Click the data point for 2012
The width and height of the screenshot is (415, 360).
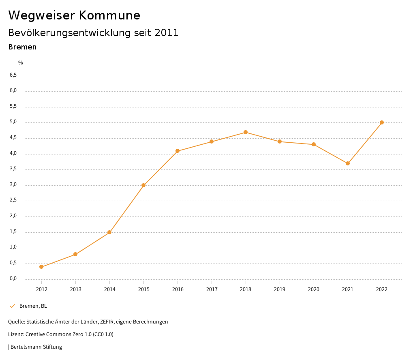point(41,267)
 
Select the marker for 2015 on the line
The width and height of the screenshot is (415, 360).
point(143,185)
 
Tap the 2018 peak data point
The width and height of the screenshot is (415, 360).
point(246,132)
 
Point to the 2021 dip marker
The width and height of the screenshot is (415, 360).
point(348,163)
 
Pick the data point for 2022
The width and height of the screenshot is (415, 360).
point(382,122)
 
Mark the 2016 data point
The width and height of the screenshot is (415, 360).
point(178,151)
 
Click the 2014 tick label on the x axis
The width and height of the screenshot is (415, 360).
point(109,289)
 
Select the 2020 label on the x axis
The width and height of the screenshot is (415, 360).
point(314,289)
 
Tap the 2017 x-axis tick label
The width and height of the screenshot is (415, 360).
point(212,289)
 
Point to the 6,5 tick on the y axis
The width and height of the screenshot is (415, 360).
point(13,75)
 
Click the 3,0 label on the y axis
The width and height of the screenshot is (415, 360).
point(13,184)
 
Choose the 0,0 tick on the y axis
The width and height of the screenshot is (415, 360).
point(13,279)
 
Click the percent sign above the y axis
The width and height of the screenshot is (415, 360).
point(21,62)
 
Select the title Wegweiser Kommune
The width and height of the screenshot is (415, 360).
point(74,15)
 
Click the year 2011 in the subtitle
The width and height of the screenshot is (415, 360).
point(167,33)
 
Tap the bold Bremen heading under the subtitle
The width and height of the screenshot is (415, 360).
point(22,47)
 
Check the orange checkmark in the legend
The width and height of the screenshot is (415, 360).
point(12,306)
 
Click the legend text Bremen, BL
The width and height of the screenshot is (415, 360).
point(33,306)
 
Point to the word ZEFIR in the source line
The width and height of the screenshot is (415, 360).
point(106,321)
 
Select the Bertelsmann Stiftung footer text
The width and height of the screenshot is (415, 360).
point(36,347)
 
